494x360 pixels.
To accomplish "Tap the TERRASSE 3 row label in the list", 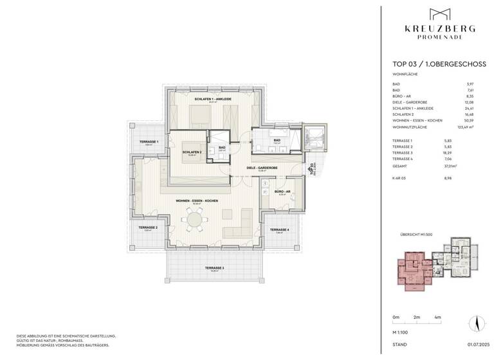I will (403, 152).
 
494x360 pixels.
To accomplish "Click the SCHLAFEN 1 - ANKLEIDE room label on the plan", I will (213, 99).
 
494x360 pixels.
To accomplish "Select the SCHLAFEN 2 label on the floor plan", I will (192, 152).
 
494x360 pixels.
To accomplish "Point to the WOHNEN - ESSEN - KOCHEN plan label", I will (197, 201).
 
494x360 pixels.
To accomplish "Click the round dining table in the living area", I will (194, 219).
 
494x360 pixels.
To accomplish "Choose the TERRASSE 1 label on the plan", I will (149, 141).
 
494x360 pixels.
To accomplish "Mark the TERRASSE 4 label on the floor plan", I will (279, 230).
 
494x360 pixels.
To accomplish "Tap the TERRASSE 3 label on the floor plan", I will (214, 267).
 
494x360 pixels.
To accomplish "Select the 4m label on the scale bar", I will (437, 318).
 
